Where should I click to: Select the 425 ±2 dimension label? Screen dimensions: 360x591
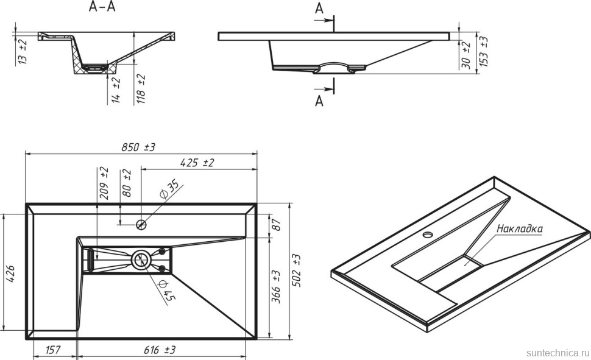[x=196, y=163]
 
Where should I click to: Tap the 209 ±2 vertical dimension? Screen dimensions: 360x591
[x=104, y=183]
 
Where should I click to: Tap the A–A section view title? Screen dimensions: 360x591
[x=102, y=7]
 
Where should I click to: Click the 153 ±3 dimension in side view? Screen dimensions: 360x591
[x=484, y=51]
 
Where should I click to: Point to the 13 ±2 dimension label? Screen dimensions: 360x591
[x=23, y=51]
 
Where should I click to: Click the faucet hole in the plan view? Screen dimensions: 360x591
[x=141, y=224]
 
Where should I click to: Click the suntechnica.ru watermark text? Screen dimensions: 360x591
[x=556, y=353]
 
